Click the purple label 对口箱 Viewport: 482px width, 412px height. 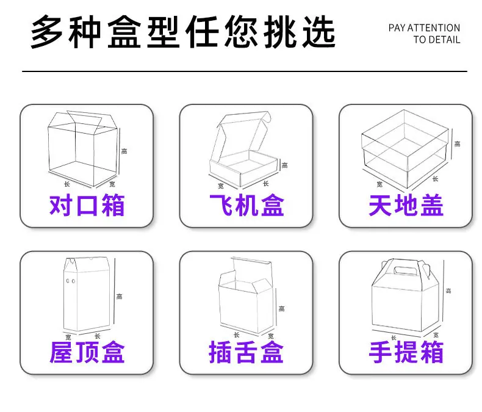pyautogui.click(x=87, y=205)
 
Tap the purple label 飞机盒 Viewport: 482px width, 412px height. pyautogui.click(x=246, y=205)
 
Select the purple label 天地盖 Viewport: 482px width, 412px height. pyautogui.click(x=406, y=205)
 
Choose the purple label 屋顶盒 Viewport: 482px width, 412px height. pyautogui.click(x=87, y=352)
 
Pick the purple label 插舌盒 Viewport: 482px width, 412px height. pyautogui.click(x=246, y=352)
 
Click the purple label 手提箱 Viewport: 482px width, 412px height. pyautogui.click(x=406, y=352)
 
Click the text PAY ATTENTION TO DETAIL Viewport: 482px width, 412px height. pyautogui.click(x=424, y=34)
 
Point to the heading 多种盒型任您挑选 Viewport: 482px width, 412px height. pyautogui.click(x=183, y=32)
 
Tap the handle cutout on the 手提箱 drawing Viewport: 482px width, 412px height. pyautogui.click(x=405, y=270)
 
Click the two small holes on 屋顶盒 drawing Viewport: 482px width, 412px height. pyautogui.click(x=71, y=281)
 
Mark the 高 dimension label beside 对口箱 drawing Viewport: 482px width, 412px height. pyautogui.click(x=124, y=151)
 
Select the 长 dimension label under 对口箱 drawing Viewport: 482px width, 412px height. pyautogui.click(x=67, y=184)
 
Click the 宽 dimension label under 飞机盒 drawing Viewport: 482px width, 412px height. pyautogui.click(x=221, y=186)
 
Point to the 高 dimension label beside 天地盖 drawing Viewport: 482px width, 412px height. pyautogui.click(x=458, y=143)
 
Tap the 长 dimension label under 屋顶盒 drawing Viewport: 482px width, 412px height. pyautogui.click(x=98, y=336)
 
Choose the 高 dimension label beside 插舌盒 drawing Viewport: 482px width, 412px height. pyautogui.click(x=282, y=308)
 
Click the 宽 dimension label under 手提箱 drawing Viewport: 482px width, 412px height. pyautogui.click(x=436, y=335)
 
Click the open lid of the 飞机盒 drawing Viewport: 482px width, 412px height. pyautogui.click(x=243, y=134)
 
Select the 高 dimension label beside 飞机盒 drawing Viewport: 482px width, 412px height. pyautogui.click(x=285, y=165)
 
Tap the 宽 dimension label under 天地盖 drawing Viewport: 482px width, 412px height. pyautogui.click(x=379, y=184)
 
